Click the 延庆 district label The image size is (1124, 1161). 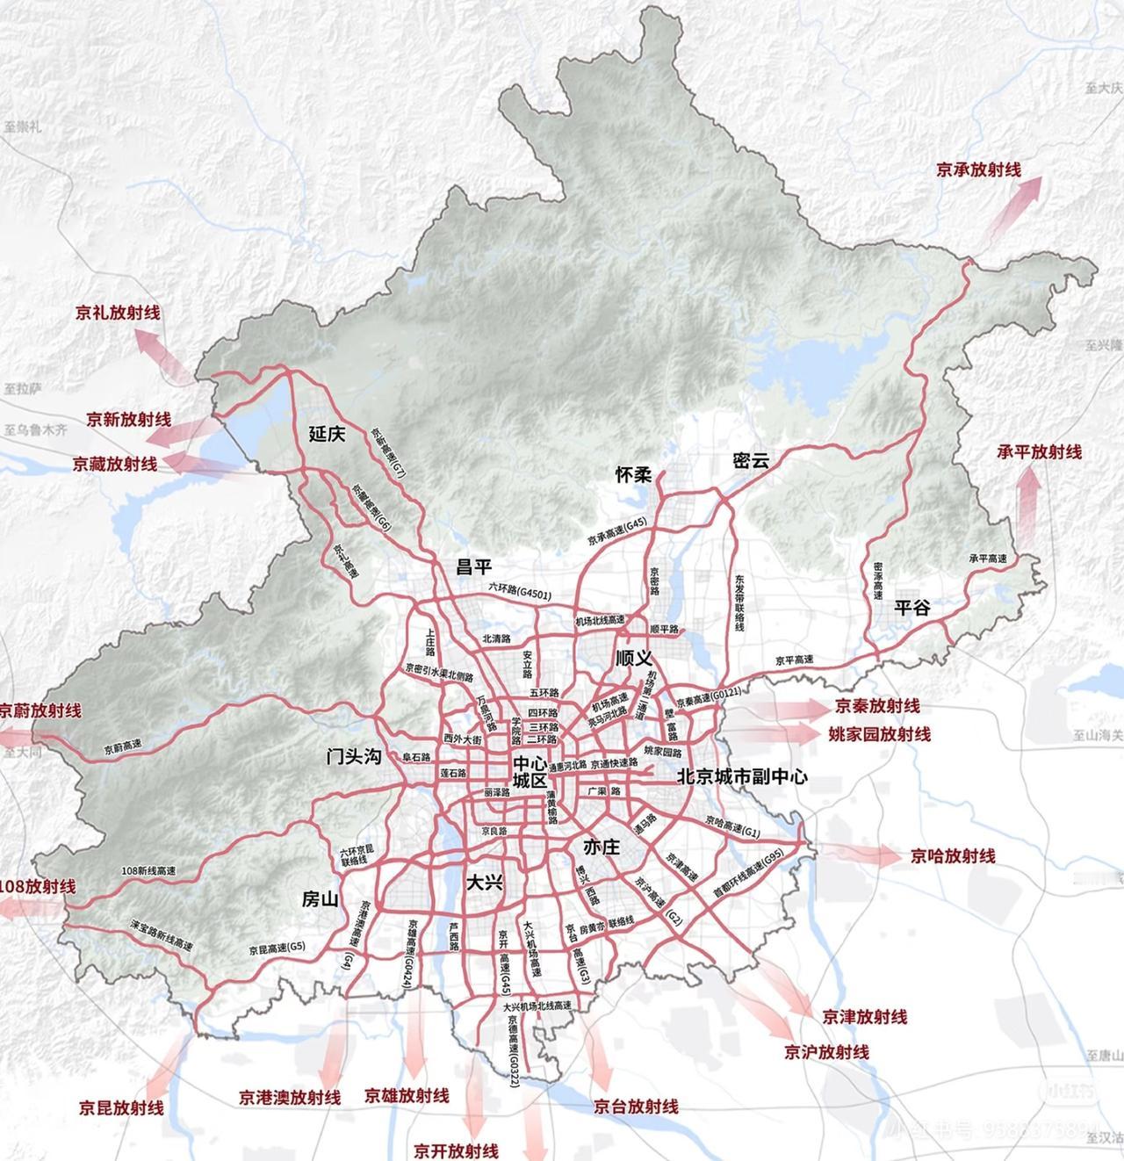point(328,434)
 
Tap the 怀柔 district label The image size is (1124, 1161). point(633,475)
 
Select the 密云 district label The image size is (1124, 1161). point(751,459)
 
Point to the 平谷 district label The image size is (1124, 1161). point(912,607)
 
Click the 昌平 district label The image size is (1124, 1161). point(474,566)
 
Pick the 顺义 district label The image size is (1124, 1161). point(634,658)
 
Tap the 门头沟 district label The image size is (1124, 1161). point(353,756)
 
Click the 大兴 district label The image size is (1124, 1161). point(484,882)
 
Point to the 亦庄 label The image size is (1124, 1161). point(602,847)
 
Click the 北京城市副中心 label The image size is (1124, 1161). point(742,776)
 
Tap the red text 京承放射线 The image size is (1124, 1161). point(978,169)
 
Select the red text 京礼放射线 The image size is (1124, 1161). point(118,312)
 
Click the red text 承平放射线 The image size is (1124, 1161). point(1039,451)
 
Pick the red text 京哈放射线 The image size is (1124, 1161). point(953,855)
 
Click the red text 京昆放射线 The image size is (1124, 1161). point(121,1107)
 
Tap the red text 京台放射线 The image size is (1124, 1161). point(636,1107)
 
